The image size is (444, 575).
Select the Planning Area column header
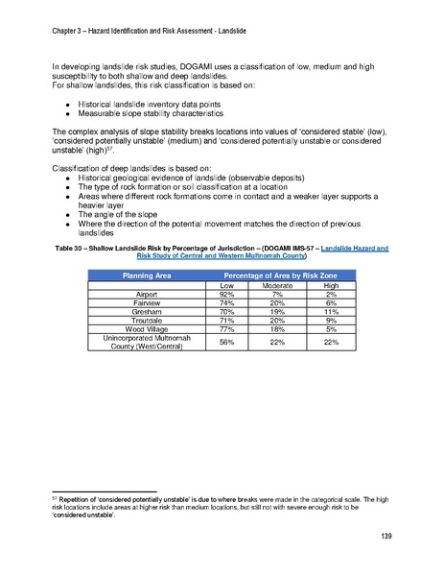(x=148, y=276)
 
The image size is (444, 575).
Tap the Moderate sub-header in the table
(x=277, y=285)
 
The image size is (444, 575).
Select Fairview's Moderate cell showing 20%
(x=277, y=303)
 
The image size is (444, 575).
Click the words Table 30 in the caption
(x=72, y=249)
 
